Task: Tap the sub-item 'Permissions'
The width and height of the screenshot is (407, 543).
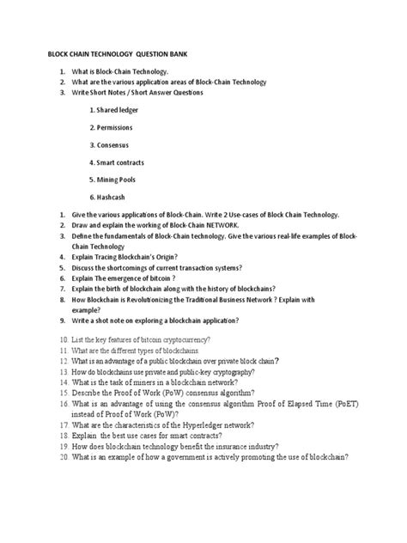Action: click(x=118, y=127)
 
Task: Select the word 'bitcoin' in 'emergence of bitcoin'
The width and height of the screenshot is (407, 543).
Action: click(x=162, y=278)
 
